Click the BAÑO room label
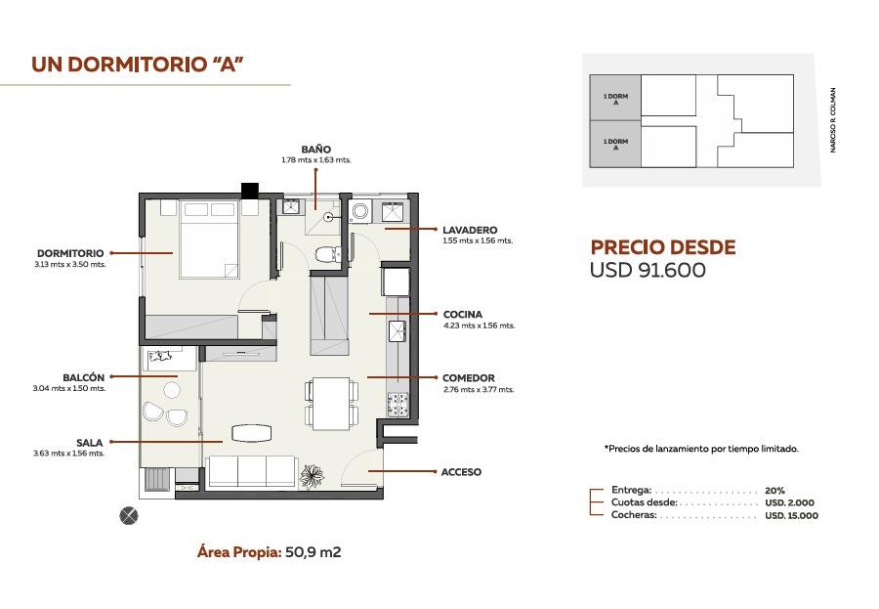click(x=316, y=150)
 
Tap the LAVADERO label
click(x=470, y=230)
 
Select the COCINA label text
click(x=463, y=315)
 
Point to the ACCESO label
click(x=461, y=472)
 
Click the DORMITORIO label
click(x=70, y=254)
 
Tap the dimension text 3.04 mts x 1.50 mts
click(x=69, y=388)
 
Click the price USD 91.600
click(x=648, y=270)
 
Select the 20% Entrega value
click(x=774, y=491)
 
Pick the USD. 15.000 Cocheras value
click(x=791, y=515)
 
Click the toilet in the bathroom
click(x=325, y=254)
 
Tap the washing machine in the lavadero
click(x=359, y=212)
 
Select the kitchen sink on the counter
click(x=398, y=330)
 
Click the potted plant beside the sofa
click(x=312, y=476)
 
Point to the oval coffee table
click(x=252, y=433)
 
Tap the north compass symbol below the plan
click(x=129, y=515)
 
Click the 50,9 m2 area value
click(x=314, y=552)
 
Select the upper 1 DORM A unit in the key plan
click(x=615, y=98)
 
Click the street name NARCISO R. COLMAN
click(x=833, y=120)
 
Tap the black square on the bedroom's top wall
click(x=250, y=191)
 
